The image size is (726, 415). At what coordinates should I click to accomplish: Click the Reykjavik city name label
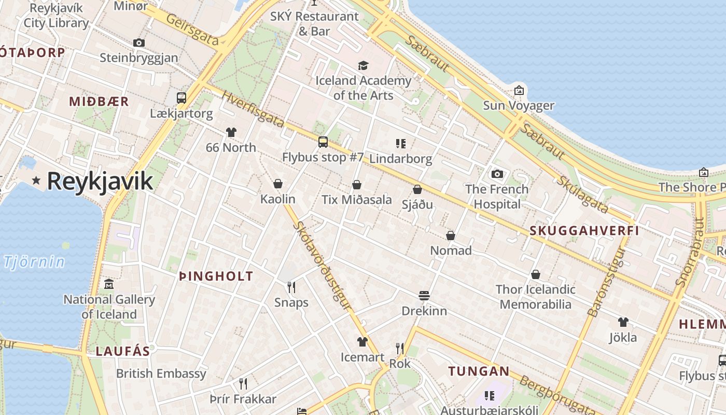(x=100, y=181)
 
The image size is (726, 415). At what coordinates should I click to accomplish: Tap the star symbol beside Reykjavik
(x=36, y=181)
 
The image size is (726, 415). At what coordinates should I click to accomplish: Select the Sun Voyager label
(x=519, y=106)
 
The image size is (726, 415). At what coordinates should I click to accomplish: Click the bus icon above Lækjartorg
(x=181, y=98)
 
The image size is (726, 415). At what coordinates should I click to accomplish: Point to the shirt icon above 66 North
(x=231, y=132)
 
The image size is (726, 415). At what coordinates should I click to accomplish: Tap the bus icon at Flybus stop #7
(x=323, y=142)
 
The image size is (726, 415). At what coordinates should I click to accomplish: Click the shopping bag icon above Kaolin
(x=278, y=184)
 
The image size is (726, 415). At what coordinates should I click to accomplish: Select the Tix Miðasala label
(x=357, y=199)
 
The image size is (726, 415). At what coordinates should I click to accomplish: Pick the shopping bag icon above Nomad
(x=451, y=236)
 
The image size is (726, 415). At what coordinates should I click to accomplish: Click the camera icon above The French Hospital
(x=497, y=174)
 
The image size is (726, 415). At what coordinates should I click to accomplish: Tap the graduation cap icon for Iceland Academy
(x=363, y=65)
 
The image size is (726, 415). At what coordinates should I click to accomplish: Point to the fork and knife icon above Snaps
(x=291, y=287)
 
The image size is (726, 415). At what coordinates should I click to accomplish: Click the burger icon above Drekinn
(x=424, y=296)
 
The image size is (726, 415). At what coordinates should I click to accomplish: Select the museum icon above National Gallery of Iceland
(x=109, y=284)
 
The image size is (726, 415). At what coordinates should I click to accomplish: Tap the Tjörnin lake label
(x=35, y=262)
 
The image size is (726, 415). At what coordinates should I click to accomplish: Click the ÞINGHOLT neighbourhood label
(x=216, y=276)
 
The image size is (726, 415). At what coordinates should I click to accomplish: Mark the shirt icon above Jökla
(x=623, y=322)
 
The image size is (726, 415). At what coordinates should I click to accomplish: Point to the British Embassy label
(x=161, y=374)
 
